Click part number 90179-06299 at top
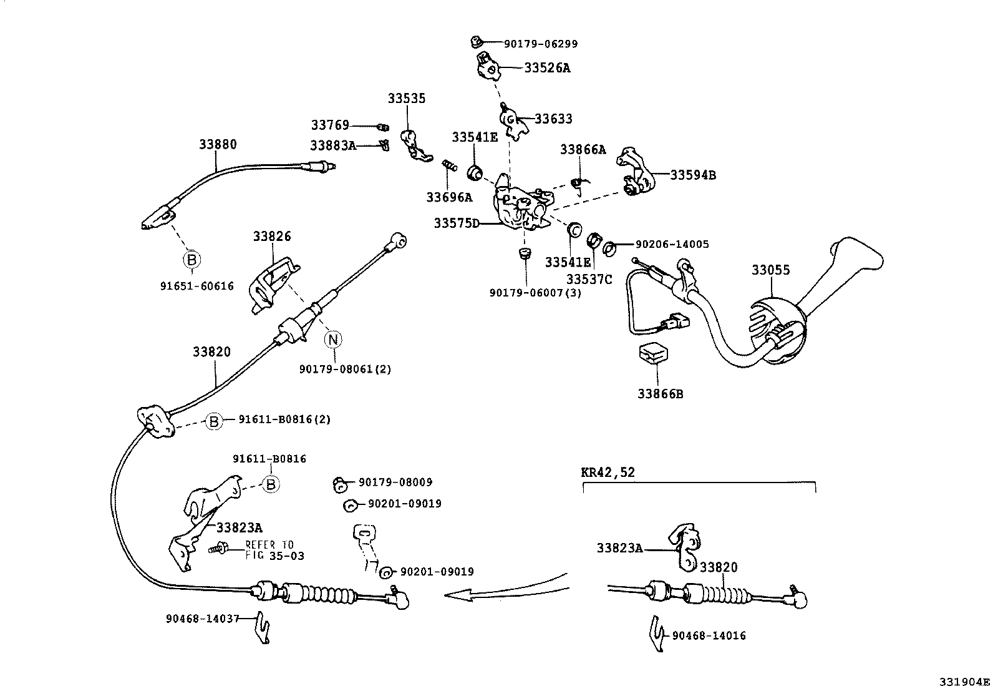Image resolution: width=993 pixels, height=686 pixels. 541,44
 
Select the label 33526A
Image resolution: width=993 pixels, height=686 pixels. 547,68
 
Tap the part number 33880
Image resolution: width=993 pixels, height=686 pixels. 218,144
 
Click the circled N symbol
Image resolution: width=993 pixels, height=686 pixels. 333,340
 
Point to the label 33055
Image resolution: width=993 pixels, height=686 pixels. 770,270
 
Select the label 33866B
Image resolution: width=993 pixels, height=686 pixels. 660,394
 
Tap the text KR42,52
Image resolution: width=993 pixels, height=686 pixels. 608,473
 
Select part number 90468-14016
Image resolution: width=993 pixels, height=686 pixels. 709,635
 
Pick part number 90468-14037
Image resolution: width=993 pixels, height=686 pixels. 203,619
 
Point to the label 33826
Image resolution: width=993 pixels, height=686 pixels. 272,236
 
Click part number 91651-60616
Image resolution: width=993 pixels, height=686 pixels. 197,286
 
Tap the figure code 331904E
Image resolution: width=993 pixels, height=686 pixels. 965,680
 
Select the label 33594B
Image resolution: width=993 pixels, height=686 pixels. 693,175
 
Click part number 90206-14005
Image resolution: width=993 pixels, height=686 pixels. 672,245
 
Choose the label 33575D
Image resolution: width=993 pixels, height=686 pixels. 457,223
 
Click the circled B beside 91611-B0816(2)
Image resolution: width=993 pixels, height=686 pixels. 213,422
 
